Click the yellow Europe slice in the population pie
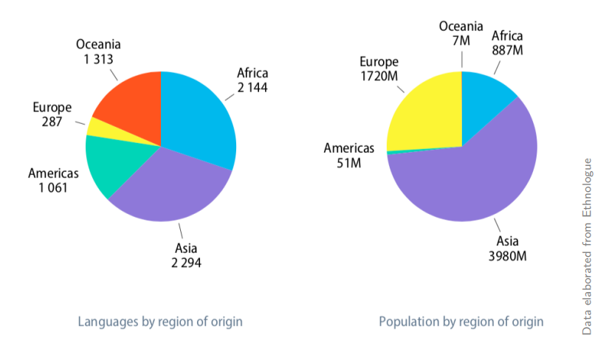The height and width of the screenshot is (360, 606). point(424,111)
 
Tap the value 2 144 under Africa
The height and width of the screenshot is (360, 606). point(252,87)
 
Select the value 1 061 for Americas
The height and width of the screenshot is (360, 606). point(52,187)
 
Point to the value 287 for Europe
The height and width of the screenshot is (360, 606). point(52,121)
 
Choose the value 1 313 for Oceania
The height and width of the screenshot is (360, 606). point(98,58)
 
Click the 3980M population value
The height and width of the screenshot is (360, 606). point(506,256)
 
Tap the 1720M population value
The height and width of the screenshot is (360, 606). point(379,75)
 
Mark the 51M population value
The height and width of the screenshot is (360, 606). point(349,162)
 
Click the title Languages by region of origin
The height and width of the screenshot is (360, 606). point(160,322)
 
